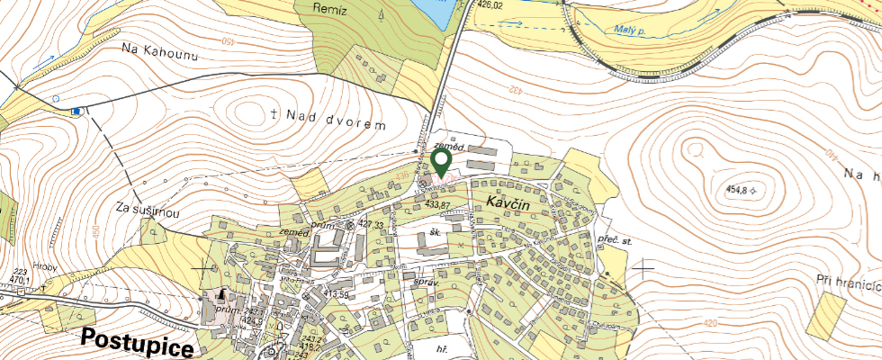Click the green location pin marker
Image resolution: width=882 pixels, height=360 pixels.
(x=441, y=163)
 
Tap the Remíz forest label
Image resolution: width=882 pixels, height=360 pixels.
(x=330, y=8)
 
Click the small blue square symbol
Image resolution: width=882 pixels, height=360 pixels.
(x=76, y=111)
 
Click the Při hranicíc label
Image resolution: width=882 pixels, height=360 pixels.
(x=846, y=281)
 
